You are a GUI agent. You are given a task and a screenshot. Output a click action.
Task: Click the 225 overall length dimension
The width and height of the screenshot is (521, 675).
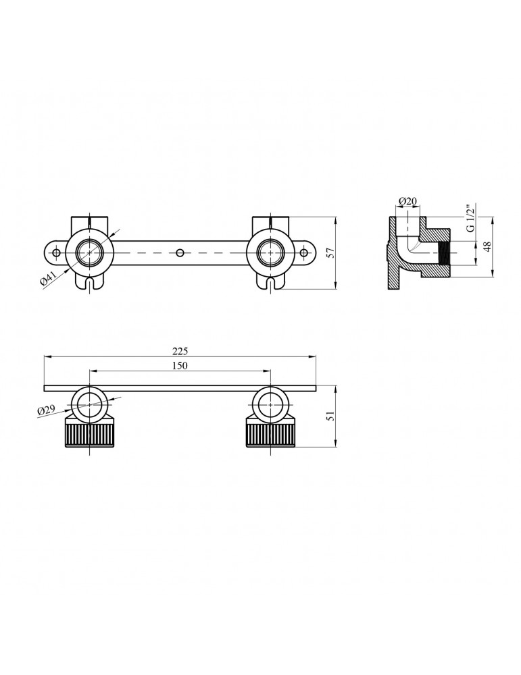pyautogui.click(x=180, y=351)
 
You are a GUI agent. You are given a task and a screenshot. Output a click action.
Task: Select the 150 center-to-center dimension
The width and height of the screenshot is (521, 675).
pyautogui.click(x=180, y=365)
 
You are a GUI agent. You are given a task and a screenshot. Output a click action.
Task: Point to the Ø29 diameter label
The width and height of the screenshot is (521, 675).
pyautogui.click(x=46, y=410)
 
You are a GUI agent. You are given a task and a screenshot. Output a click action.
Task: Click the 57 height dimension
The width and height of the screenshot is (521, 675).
pyautogui.click(x=331, y=252)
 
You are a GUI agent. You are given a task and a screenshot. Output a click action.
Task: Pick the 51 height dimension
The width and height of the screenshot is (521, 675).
pyautogui.click(x=331, y=416)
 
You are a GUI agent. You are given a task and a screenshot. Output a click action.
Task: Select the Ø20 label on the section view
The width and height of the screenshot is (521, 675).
pyautogui.click(x=407, y=200)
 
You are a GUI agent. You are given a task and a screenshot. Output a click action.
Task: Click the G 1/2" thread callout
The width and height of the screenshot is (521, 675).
pyautogui.click(x=471, y=217)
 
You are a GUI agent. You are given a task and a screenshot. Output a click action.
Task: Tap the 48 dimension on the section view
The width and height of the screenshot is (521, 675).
pyautogui.click(x=487, y=246)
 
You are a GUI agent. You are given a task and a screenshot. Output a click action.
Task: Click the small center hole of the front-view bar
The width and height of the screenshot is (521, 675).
pyautogui.click(x=180, y=252)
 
